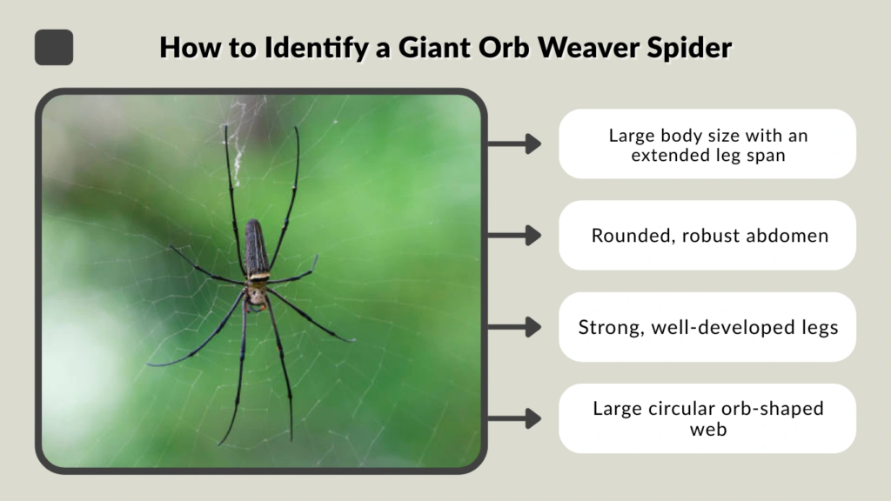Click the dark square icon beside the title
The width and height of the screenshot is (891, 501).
(x=54, y=47)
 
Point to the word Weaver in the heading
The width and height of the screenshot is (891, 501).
(x=583, y=48)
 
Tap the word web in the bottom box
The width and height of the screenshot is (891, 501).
(x=707, y=430)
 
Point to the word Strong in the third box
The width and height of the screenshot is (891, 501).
(x=606, y=327)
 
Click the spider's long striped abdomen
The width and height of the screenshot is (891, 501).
(x=257, y=248)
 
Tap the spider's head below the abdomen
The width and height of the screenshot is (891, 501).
(x=257, y=295)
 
